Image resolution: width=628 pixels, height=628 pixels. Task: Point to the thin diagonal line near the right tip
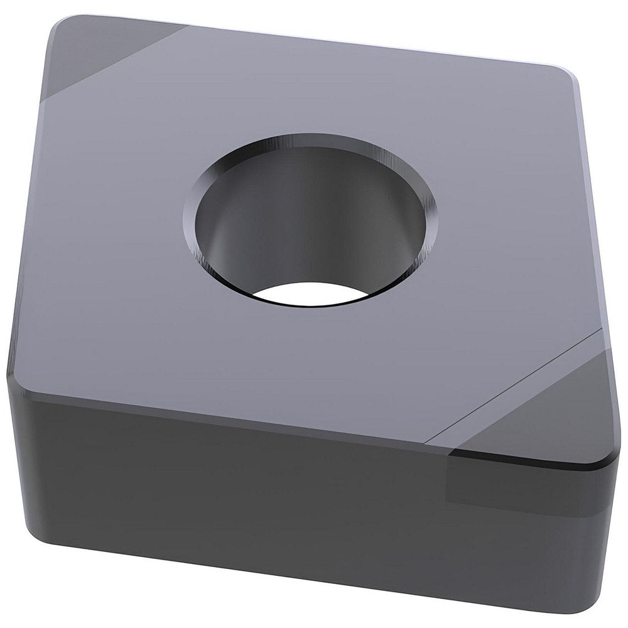tap(515, 383)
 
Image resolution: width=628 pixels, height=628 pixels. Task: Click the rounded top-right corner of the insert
tap(568, 75)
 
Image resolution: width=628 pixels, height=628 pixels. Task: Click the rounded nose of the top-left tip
tap(53, 31)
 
